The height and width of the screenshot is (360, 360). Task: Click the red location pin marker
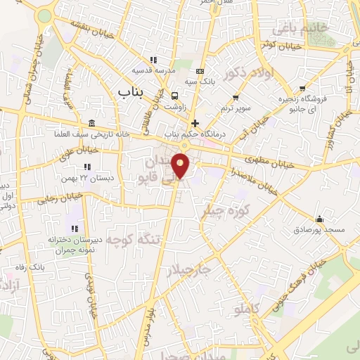182,165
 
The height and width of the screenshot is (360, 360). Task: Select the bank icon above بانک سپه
201,71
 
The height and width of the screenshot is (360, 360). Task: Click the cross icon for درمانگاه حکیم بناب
195,123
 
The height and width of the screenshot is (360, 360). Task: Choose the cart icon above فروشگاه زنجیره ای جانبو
302,89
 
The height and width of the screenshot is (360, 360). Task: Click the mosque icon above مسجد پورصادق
320,219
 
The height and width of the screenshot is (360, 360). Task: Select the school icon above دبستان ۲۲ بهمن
88,167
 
